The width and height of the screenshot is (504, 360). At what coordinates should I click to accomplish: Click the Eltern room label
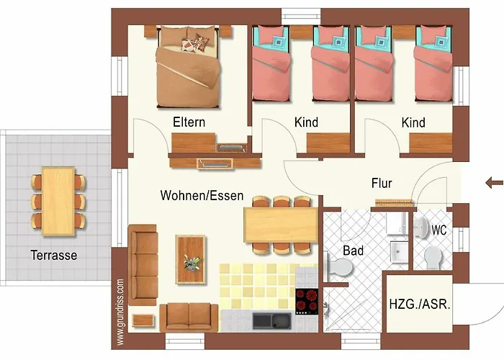189,122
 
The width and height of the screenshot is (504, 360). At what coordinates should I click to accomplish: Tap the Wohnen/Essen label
202,195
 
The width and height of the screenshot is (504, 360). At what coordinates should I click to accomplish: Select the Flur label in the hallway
382,183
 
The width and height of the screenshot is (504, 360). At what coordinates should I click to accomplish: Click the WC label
439,230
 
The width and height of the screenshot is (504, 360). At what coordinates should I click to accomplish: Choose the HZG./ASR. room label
420,304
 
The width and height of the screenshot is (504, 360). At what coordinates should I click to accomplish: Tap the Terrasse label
53,255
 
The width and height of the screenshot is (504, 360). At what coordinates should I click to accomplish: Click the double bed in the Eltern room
187,66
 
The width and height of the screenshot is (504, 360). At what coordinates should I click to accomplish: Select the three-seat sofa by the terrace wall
143,257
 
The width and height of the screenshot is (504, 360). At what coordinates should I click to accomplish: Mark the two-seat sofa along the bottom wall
189,316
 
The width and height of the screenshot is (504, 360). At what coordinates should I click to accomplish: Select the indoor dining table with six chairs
281,225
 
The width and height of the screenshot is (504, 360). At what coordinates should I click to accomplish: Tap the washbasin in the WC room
398,253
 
